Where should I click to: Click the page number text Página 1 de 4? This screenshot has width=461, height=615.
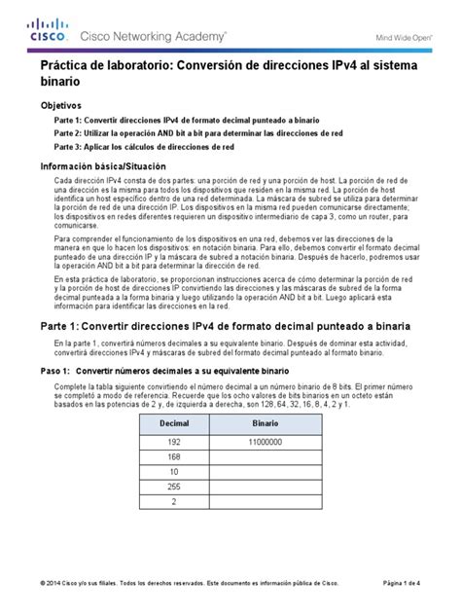pos(402,583)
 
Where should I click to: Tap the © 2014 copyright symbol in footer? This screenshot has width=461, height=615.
pos(42,583)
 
